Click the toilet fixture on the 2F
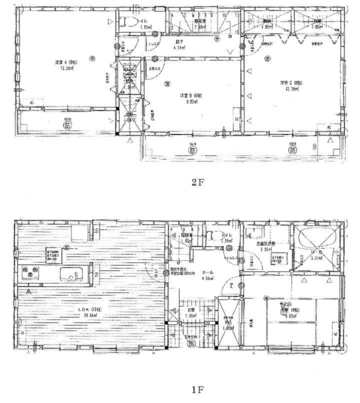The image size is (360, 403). [x=128, y=21]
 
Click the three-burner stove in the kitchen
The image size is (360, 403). [x=31, y=273]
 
